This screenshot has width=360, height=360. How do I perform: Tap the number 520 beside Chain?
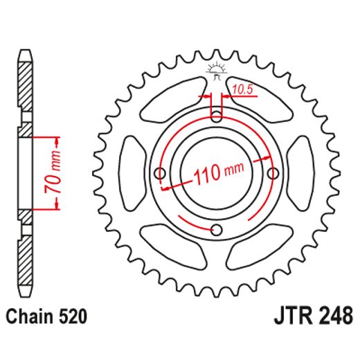pos(74,317)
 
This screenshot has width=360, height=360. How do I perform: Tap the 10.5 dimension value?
pos(242,88)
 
